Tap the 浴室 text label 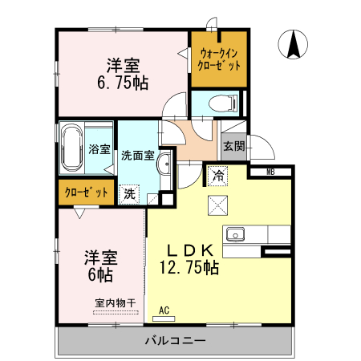coord(99,148)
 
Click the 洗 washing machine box coord(129,193)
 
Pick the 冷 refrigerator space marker coord(218,173)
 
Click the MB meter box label coord(270,171)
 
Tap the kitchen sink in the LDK coord(235,234)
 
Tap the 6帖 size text coord(100,274)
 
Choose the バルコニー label coord(175,341)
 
